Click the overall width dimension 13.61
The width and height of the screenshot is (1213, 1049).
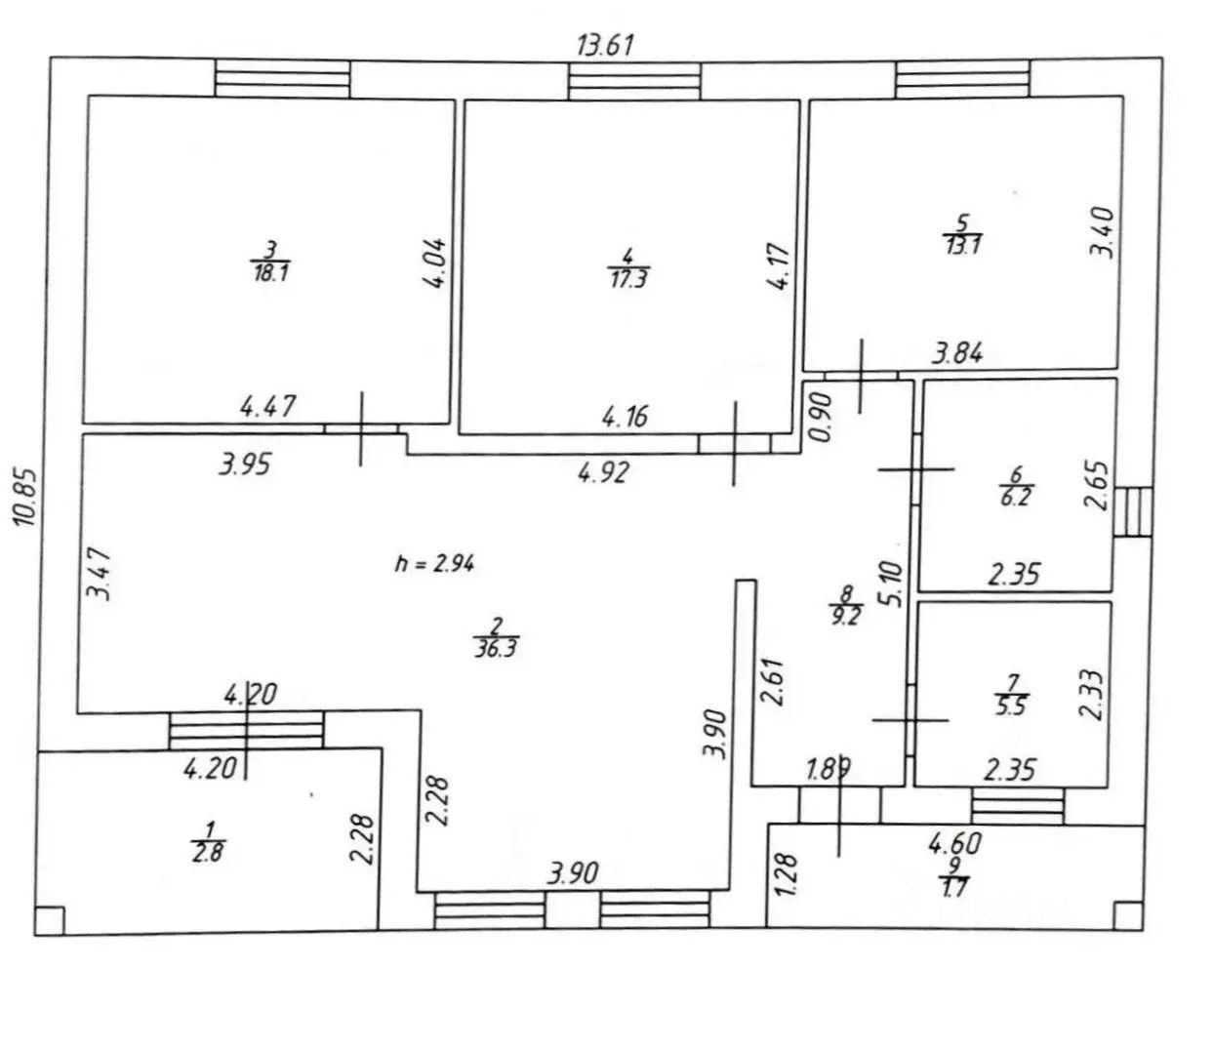(606, 46)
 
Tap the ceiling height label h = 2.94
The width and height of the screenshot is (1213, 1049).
(434, 563)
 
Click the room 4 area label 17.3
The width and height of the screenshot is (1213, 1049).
(628, 278)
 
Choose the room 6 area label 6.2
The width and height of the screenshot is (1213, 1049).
(1016, 495)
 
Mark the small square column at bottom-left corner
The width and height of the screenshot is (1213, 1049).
(49, 919)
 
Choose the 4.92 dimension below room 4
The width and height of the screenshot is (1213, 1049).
(602, 473)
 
